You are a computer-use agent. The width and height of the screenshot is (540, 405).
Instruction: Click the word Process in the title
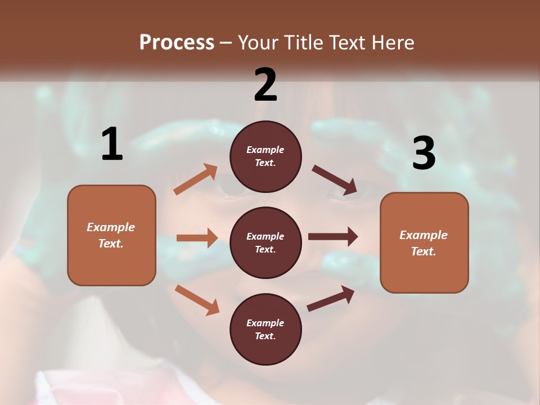[x=177, y=42]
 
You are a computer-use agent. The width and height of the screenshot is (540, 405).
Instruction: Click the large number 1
[x=112, y=144]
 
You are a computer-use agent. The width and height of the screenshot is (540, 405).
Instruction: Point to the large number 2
[x=265, y=85]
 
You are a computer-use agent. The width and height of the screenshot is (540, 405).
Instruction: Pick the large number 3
[x=424, y=153]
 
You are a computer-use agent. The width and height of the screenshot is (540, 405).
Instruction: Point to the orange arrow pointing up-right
[x=196, y=179]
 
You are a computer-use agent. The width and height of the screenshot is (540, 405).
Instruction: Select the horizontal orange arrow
[x=197, y=238]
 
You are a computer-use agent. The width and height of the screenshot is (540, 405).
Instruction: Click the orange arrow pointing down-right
[x=197, y=300]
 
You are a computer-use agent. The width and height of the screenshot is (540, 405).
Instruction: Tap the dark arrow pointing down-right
[x=335, y=180]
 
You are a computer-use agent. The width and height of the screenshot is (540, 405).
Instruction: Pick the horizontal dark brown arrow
[x=333, y=237]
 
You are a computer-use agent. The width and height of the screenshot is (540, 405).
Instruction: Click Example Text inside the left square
[x=111, y=235]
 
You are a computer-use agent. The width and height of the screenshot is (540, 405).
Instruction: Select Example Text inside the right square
[x=424, y=243]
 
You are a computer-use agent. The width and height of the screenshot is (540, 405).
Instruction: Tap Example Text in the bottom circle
[x=265, y=329]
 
